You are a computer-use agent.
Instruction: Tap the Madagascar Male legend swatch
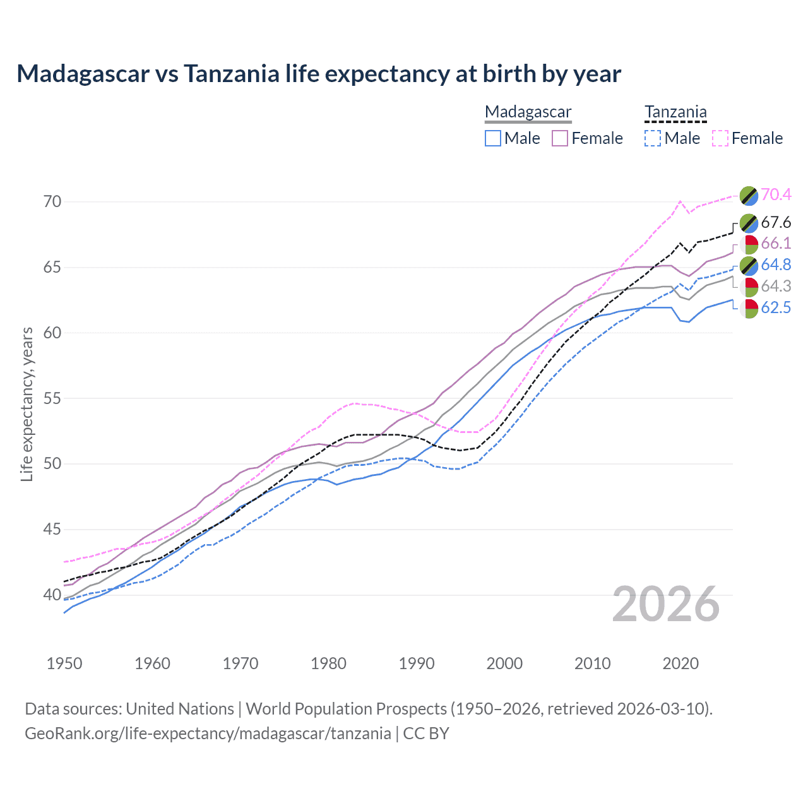click(x=493, y=138)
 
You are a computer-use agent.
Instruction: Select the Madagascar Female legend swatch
click(x=560, y=138)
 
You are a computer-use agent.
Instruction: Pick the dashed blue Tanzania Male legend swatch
click(x=653, y=138)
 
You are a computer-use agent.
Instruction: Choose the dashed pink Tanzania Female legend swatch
click(x=720, y=138)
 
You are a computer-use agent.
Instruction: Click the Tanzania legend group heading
click(x=675, y=112)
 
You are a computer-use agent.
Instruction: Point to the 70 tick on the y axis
click(x=52, y=202)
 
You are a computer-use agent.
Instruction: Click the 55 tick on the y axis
click(x=52, y=398)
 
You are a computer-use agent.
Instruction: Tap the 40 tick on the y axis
click(x=52, y=595)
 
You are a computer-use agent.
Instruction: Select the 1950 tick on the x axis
click(x=64, y=663)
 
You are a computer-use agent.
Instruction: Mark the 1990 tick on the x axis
click(x=417, y=663)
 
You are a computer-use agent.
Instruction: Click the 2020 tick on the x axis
click(x=680, y=663)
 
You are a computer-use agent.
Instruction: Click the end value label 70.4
click(x=776, y=194)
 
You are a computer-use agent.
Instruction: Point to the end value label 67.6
click(x=776, y=222)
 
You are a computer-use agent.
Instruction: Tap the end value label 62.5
click(x=776, y=307)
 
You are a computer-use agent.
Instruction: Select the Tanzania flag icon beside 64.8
click(x=749, y=265)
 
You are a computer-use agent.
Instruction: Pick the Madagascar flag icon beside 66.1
click(x=749, y=244)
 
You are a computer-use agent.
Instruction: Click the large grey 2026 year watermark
click(x=666, y=604)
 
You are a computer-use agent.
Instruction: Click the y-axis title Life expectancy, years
click(x=27, y=404)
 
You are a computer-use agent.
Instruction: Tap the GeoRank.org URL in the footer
click(x=208, y=734)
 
